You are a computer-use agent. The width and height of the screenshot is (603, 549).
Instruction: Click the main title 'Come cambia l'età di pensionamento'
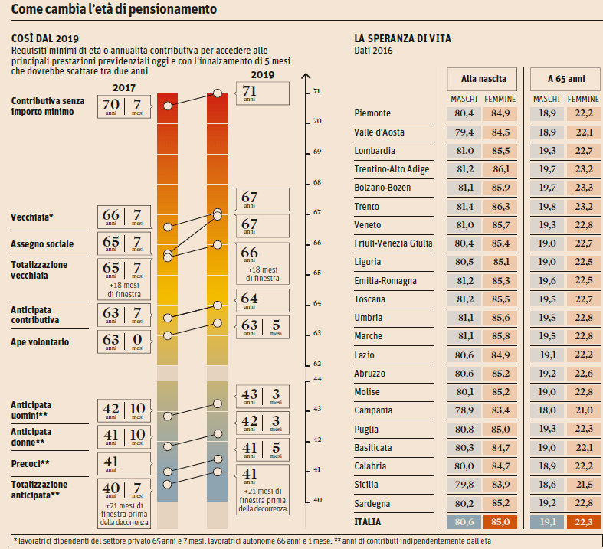[x=113, y=10]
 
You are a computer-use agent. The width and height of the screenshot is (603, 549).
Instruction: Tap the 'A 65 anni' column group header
[x=566, y=79]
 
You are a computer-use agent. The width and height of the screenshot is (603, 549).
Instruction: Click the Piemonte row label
[x=373, y=113]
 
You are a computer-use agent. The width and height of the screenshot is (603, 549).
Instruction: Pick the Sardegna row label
[x=374, y=503]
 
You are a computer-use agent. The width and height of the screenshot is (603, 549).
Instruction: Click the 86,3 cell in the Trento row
[x=500, y=207]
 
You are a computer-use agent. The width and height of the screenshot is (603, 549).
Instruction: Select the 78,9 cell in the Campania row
[x=463, y=410]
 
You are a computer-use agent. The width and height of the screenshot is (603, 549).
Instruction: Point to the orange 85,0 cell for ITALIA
[x=500, y=522]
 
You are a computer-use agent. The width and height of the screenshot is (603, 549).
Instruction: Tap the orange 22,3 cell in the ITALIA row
[x=584, y=522]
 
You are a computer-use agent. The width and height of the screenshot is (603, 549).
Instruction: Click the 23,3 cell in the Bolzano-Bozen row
[x=584, y=188]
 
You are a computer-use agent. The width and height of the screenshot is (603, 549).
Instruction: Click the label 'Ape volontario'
[x=40, y=342]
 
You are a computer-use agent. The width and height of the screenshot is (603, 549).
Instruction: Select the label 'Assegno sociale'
[x=42, y=244]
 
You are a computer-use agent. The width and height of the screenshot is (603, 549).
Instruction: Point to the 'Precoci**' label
[x=31, y=462]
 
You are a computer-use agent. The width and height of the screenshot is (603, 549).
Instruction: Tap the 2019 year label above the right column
[x=263, y=75]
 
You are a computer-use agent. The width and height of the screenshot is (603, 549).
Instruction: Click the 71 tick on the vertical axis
[x=316, y=92]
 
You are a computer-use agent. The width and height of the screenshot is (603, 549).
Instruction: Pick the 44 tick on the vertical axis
[x=316, y=380]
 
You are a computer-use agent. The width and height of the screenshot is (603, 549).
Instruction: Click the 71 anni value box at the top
[x=263, y=93]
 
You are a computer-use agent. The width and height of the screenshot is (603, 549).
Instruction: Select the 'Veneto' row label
[x=369, y=225]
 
